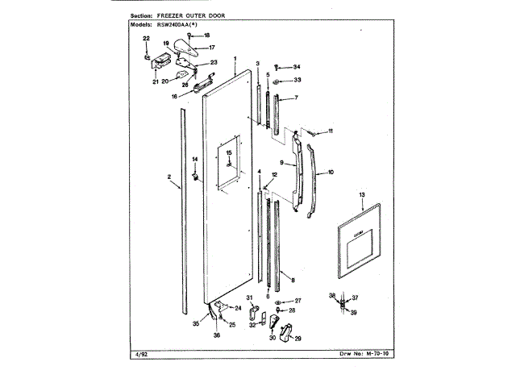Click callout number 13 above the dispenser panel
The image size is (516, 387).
tap(362, 196)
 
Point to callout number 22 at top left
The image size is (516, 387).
tap(146, 39)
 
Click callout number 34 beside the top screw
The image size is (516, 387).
tap(297, 66)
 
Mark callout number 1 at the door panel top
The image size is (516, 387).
tap(235, 59)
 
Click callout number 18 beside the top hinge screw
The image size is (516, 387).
tap(206, 35)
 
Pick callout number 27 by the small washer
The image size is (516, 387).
tap(297, 300)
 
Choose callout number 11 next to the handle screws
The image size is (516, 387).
tap(329, 131)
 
